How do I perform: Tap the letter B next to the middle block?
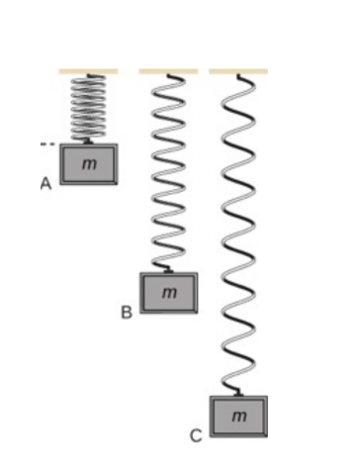coord(126,313)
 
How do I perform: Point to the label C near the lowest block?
coord(196,434)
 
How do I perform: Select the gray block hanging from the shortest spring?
coord(88,164)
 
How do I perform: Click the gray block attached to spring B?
coord(168,293)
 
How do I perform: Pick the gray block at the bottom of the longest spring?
coord(238,416)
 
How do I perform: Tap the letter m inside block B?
coord(169,293)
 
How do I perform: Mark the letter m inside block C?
coord(239,417)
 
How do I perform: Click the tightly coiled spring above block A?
coord(89,108)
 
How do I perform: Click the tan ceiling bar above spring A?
coord(88,72)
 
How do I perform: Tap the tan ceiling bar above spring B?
coord(167,72)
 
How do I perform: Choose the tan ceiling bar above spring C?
coord(238,72)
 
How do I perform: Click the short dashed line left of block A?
coord(46,144)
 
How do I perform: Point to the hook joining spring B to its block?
coord(170,268)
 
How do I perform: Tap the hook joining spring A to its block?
coord(89,141)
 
